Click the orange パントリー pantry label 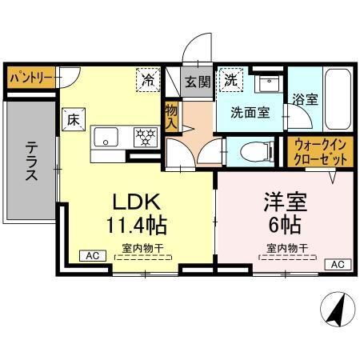(31, 79)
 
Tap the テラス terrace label (33, 161)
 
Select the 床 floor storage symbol (71, 120)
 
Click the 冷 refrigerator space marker (148, 78)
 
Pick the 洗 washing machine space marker (230, 79)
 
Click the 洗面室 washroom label (251, 113)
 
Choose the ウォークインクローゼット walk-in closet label (317, 152)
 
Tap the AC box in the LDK (92, 256)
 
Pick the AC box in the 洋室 (336, 264)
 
